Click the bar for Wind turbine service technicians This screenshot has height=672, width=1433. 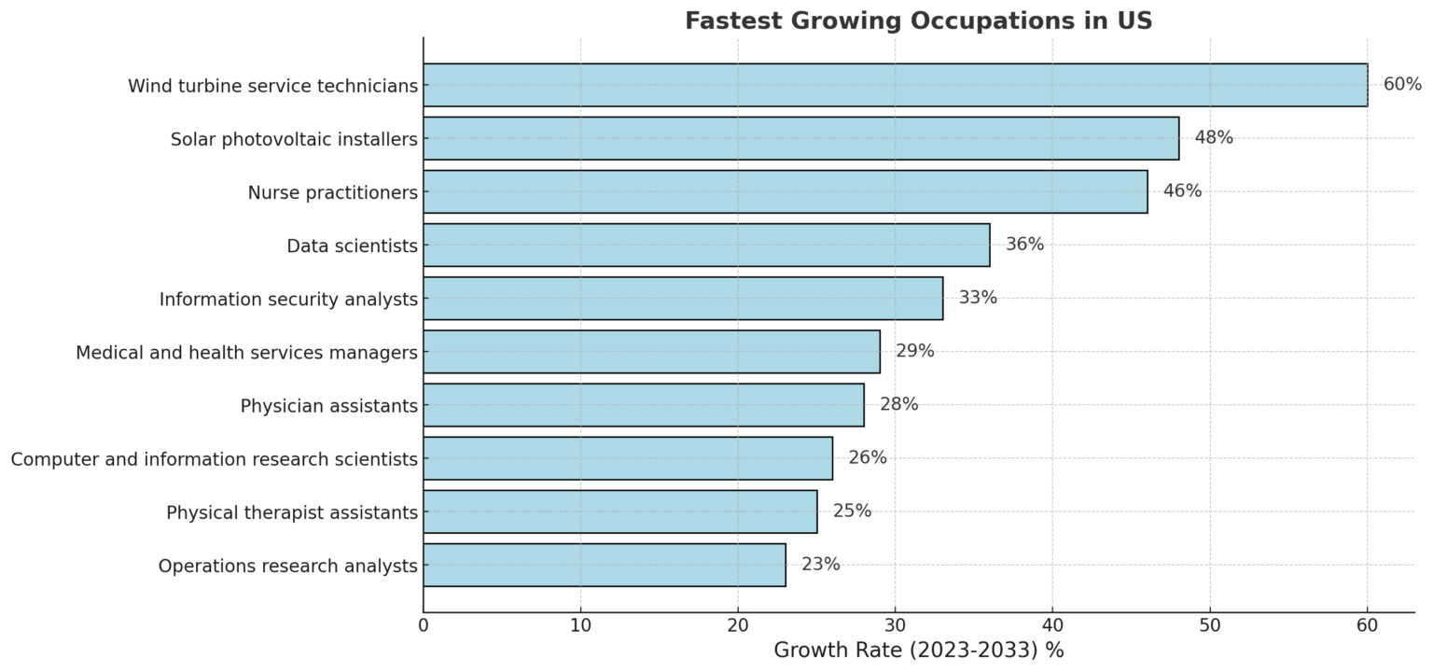(895, 85)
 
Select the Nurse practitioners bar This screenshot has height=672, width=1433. (785, 191)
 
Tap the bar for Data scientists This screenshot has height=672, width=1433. (706, 245)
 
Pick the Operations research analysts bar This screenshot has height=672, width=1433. (605, 565)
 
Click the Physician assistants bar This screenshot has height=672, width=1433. (644, 405)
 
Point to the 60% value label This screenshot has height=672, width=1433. (1401, 85)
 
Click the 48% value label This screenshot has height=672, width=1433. (1213, 138)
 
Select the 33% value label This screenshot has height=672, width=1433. (977, 298)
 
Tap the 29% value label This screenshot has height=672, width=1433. (914, 351)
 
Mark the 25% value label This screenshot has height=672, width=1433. (852, 511)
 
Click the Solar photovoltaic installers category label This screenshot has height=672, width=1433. (293, 139)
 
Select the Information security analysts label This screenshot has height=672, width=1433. (287, 300)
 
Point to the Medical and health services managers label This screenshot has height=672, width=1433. (246, 353)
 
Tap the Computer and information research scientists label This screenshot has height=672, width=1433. (214, 459)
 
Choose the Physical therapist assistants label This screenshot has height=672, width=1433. (291, 512)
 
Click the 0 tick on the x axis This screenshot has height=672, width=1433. (424, 625)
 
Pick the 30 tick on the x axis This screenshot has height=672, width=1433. (896, 625)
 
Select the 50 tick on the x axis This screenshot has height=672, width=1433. (1210, 625)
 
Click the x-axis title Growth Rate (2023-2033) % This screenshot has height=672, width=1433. (918, 651)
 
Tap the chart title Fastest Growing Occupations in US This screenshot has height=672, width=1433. (918, 21)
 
